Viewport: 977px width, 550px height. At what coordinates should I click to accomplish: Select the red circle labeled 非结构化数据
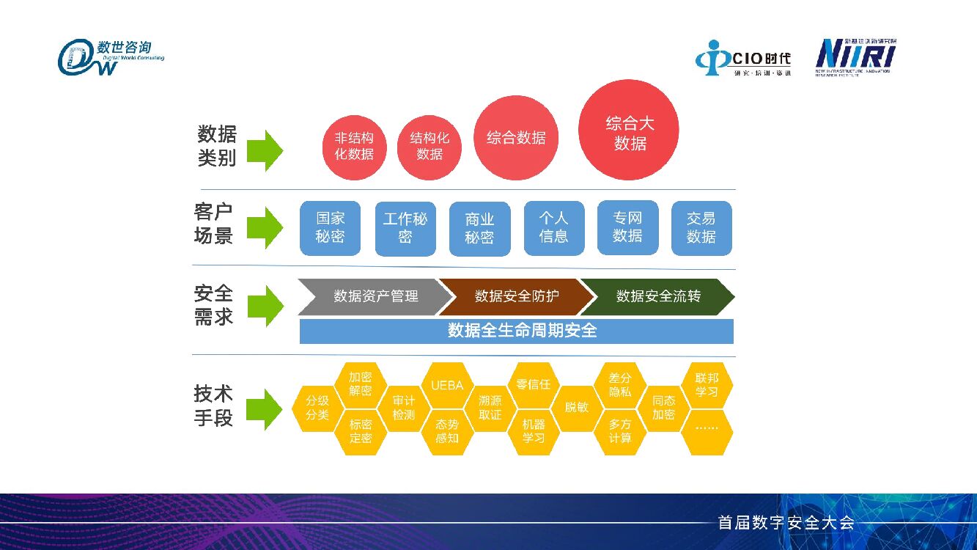pyautogui.click(x=355, y=147)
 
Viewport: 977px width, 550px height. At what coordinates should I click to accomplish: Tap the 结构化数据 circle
pyautogui.click(x=429, y=147)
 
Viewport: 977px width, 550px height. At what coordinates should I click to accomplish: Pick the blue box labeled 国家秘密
pyautogui.click(x=330, y=228)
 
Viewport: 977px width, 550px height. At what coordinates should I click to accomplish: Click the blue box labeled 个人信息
pyautogui.click(x=554, y=228)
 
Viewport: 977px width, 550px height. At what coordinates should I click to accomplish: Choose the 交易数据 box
pyautogui.click(x=701, y=228)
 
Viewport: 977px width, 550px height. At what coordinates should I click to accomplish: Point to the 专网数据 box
pyautogui.click(x=627, y=227)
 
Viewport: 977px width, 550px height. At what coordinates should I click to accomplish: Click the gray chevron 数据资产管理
pyautogui.click(x=375, y=296)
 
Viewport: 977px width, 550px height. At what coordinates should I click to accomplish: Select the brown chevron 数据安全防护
pyautogui.click(x=515, y=296)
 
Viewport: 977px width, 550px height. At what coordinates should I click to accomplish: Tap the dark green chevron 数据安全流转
pyautogui.click(x=657, y=296)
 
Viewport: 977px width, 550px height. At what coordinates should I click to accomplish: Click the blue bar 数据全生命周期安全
pyautogui.click(x=516, y=331)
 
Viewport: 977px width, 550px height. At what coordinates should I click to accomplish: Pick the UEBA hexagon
pyautogui.click(x=447, y=384)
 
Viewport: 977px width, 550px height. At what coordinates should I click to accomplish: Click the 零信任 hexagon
pyautogui.click(x=534, y=384)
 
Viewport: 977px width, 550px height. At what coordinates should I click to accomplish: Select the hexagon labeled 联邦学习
pyautogui.click(x=707, y=384)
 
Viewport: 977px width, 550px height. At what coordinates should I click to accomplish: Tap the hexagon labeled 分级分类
pyautogui.click(x=317, y=408)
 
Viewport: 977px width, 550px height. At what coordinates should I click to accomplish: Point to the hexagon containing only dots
pyautogui.click(x=707, y=428)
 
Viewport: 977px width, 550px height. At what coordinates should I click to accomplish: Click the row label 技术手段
pyautogui.click(x=213, y=406)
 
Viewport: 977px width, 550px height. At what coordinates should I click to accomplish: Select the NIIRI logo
pyautogui.click(x=855, y=57)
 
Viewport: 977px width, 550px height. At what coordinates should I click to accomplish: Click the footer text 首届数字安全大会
pyautogui.click(x=786, y=523)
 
